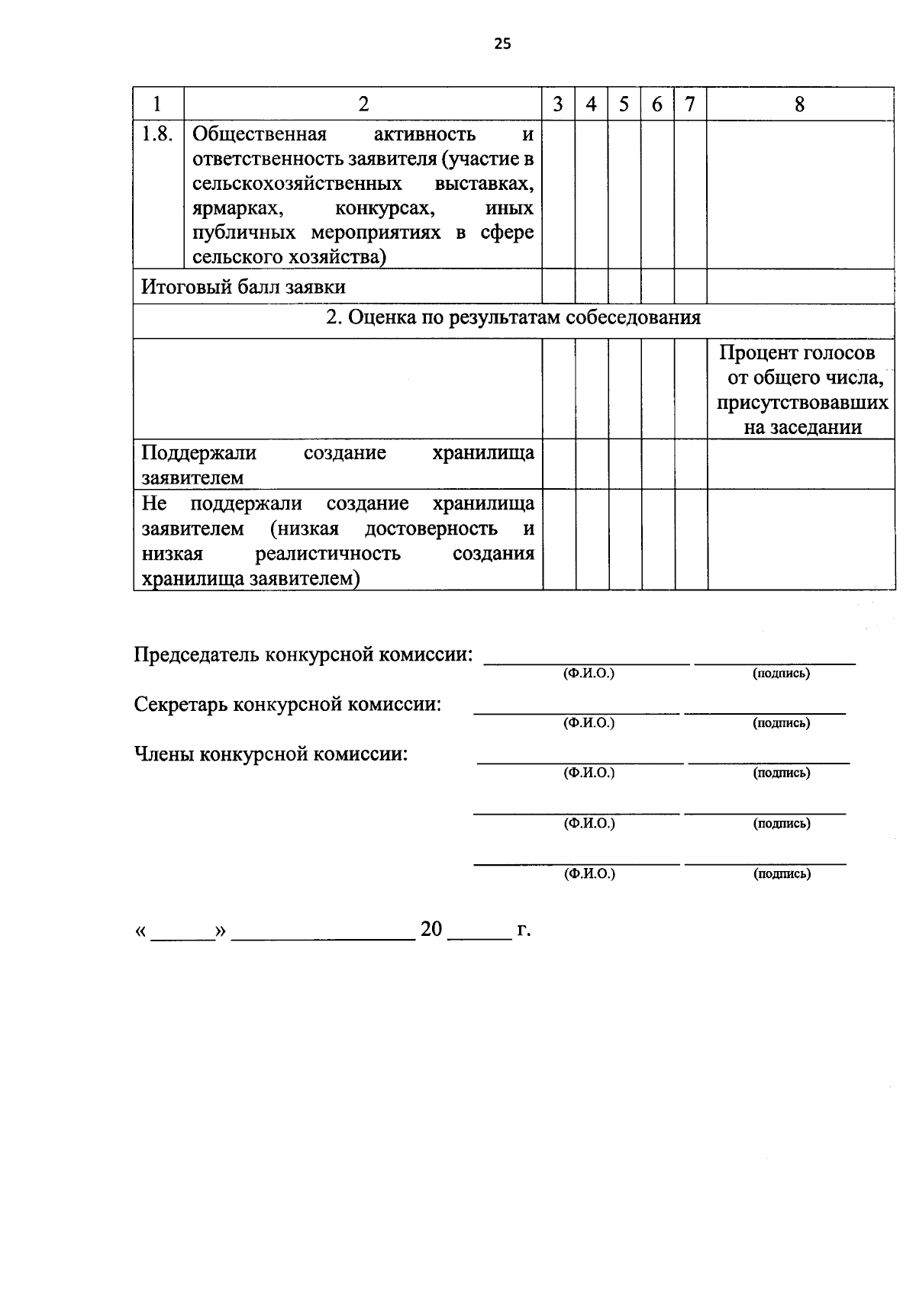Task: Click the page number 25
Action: click(502, 43)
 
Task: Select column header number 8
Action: click(799, 104)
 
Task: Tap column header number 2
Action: click(363, 104)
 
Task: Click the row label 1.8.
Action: click(158, 134)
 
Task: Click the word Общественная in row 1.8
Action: click(260, 135)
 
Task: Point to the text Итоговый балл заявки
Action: click(244, 288)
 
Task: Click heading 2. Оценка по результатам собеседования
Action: click(513, 318)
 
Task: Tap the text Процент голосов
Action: click(797, 353)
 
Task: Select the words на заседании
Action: click(802, 427)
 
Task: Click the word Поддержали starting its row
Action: click(198, 453)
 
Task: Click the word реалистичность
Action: click(328, 553)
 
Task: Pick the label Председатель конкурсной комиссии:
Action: click(303, 654)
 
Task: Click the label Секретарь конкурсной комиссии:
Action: click(288, 704)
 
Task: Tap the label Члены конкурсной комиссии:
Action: click(271, 754)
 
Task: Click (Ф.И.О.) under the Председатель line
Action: click(589, 674)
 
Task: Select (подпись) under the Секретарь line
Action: click(781, 723)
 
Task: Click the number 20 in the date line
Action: click(431, 929)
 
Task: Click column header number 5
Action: click(624, 104)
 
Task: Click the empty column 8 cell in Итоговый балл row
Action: click(799, 287)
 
